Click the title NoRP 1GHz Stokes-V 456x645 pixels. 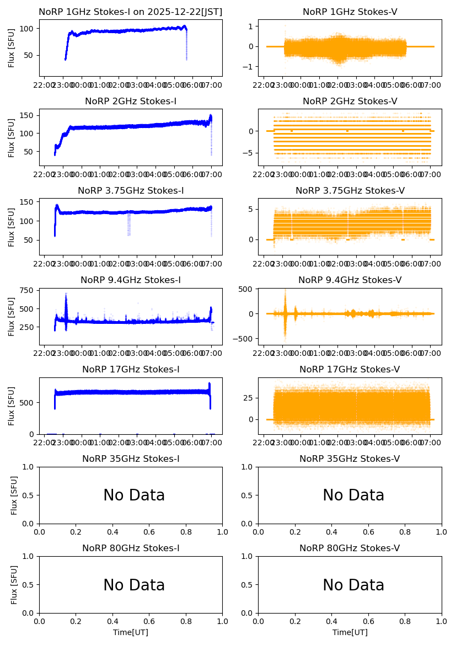pos(350,12)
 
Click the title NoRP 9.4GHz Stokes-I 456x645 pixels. pos(131,280)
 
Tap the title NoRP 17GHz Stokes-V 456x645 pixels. pos(350,370)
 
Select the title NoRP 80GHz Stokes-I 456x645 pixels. pos(131,548)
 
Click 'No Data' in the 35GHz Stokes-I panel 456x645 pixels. pos(134,495)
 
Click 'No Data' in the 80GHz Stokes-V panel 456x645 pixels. pos(353,585)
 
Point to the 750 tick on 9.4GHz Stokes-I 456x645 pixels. pos(29,290)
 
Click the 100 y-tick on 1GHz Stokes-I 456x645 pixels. pos(29,29)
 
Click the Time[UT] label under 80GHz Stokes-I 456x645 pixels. pos(131,632)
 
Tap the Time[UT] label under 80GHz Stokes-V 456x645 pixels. pos(350,632)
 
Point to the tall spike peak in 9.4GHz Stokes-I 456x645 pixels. pos(66,294)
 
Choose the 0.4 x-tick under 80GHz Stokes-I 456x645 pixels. pos(112,621)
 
